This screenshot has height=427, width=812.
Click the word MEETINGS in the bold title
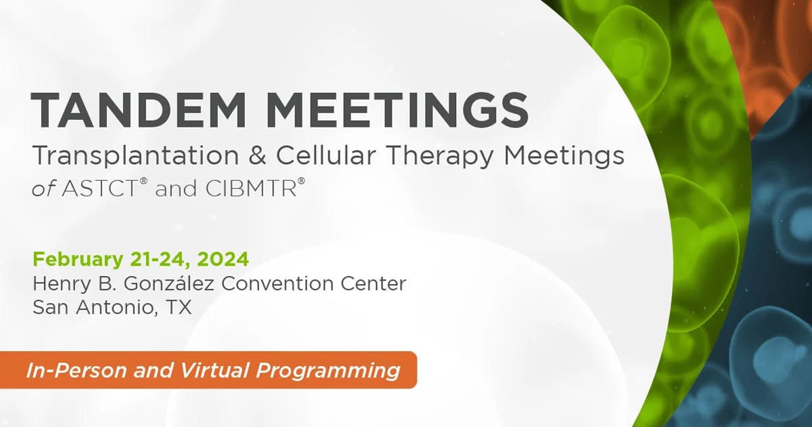391,109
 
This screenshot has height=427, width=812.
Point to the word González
169,283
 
